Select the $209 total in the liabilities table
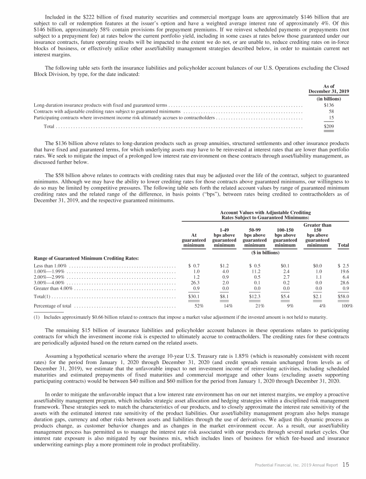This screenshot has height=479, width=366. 328,127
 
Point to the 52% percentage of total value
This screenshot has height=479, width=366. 200,306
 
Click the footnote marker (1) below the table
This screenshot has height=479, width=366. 38,316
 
